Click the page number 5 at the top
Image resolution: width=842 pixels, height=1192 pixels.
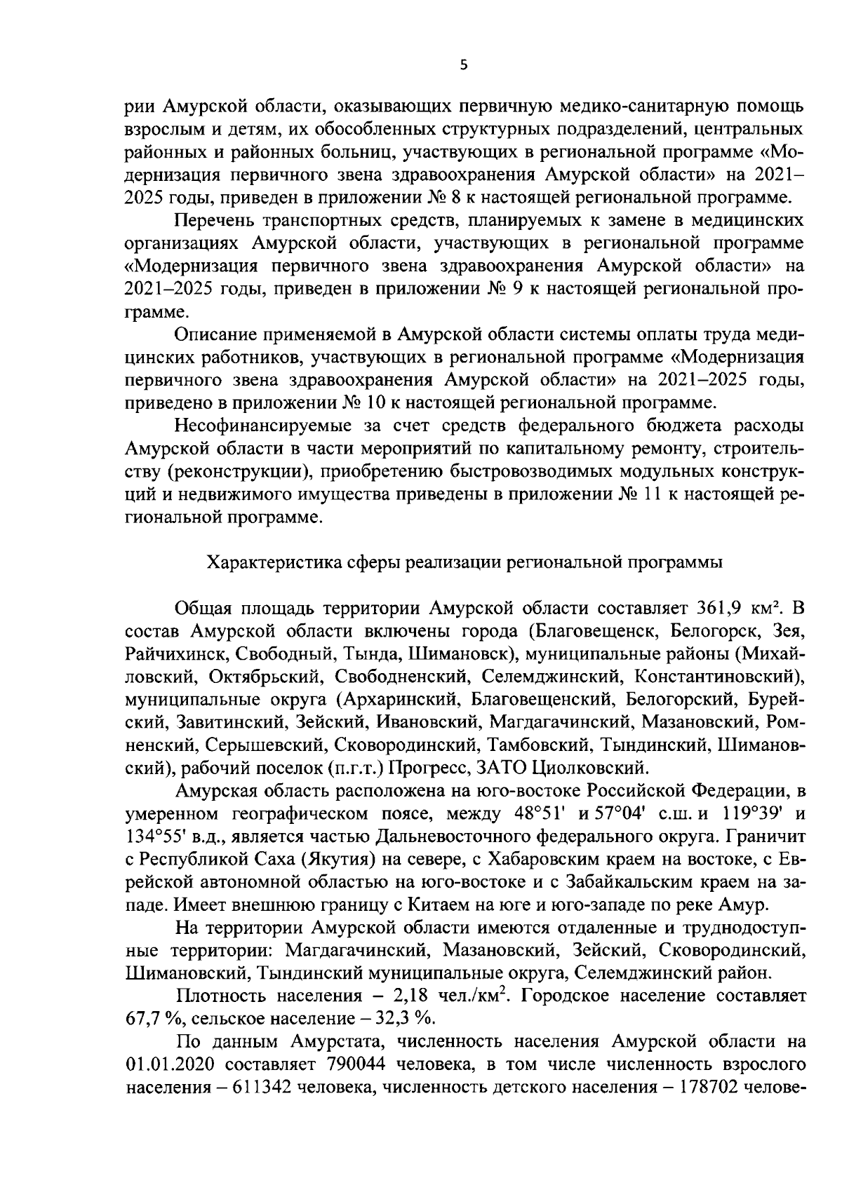point(462,65)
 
